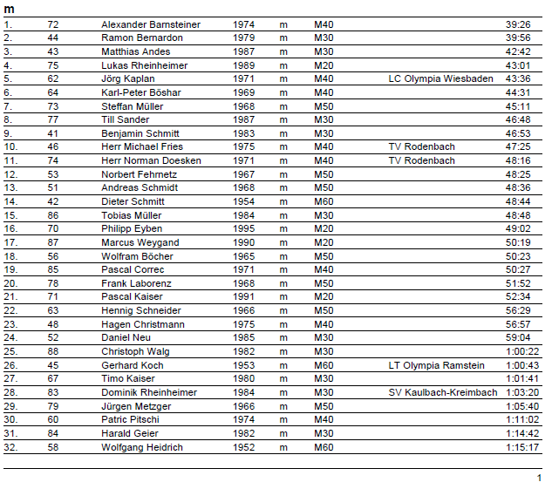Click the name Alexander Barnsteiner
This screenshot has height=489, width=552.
click(151, 24)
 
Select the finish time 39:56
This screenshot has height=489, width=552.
click(518, 38)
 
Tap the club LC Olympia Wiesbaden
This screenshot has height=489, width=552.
click(440, 78)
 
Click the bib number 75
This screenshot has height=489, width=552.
click(53, 65)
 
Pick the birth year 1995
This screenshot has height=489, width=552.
click(243, 229)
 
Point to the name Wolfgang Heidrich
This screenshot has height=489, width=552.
click(142, 447)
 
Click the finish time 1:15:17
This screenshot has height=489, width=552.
click(523, 447)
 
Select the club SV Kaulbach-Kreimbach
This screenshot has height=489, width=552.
click(443, 392)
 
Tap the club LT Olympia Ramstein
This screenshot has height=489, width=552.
click(437, 365)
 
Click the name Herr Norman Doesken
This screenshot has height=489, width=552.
click(152, 160)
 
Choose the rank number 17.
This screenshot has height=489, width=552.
click(10, 242)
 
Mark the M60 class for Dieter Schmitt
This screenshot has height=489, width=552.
click(324, 201)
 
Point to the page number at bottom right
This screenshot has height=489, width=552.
click(539, 478)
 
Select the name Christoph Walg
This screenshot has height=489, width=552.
click(135, 351)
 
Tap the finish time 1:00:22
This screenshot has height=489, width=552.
click(523, 351)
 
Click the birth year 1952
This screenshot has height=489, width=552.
click(243, 447)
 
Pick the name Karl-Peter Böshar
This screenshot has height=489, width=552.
click(141, 92)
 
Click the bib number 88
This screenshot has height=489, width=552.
click(53, 351)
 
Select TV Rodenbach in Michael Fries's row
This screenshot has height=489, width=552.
click(421, 147)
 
